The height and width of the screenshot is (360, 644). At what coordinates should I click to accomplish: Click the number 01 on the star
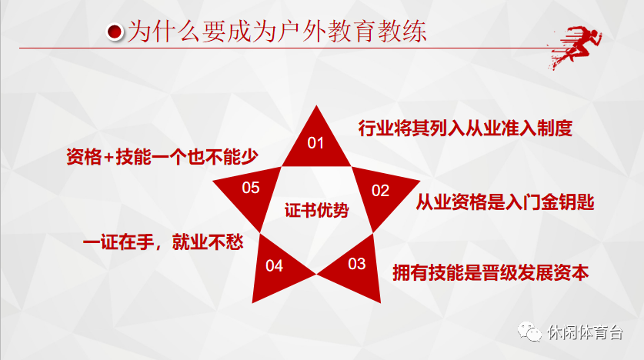click(x=316, y=143)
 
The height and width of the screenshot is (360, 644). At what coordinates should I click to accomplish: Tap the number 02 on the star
click(x=381, y=191)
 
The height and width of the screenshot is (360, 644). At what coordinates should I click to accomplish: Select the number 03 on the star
click(x=356, y=265)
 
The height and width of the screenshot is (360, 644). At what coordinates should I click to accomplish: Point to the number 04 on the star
click(x=275, y=266)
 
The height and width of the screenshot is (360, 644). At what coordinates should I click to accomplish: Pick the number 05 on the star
click(x=251, y=188)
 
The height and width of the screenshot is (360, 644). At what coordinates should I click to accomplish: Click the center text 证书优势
click(x=316, y=210)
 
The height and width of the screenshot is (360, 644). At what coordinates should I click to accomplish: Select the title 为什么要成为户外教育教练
click(x=277, y=32)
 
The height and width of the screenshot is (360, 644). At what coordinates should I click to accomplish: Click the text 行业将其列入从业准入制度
click(x=465, y=128)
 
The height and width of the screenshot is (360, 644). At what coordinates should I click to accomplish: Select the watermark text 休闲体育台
click(x=586, y=332)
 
